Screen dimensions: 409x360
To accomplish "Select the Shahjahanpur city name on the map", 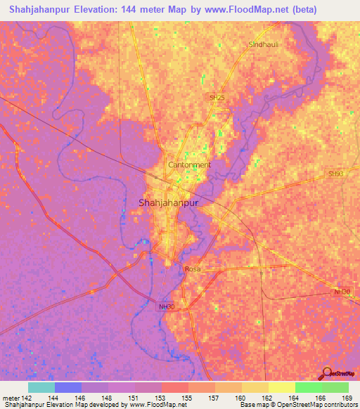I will coord(165,202).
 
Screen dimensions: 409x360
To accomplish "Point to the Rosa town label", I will coord(193,269).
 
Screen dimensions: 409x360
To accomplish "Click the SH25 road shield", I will coord(217,97).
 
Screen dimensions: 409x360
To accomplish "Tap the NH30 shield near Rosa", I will coord(165,306).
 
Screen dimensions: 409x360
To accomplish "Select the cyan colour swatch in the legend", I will coord(41,387).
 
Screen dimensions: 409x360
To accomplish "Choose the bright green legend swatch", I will coord(308,387).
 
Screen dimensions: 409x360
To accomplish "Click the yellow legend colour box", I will coord(255,387).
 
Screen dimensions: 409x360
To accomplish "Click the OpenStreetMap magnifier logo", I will coord(328,375).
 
